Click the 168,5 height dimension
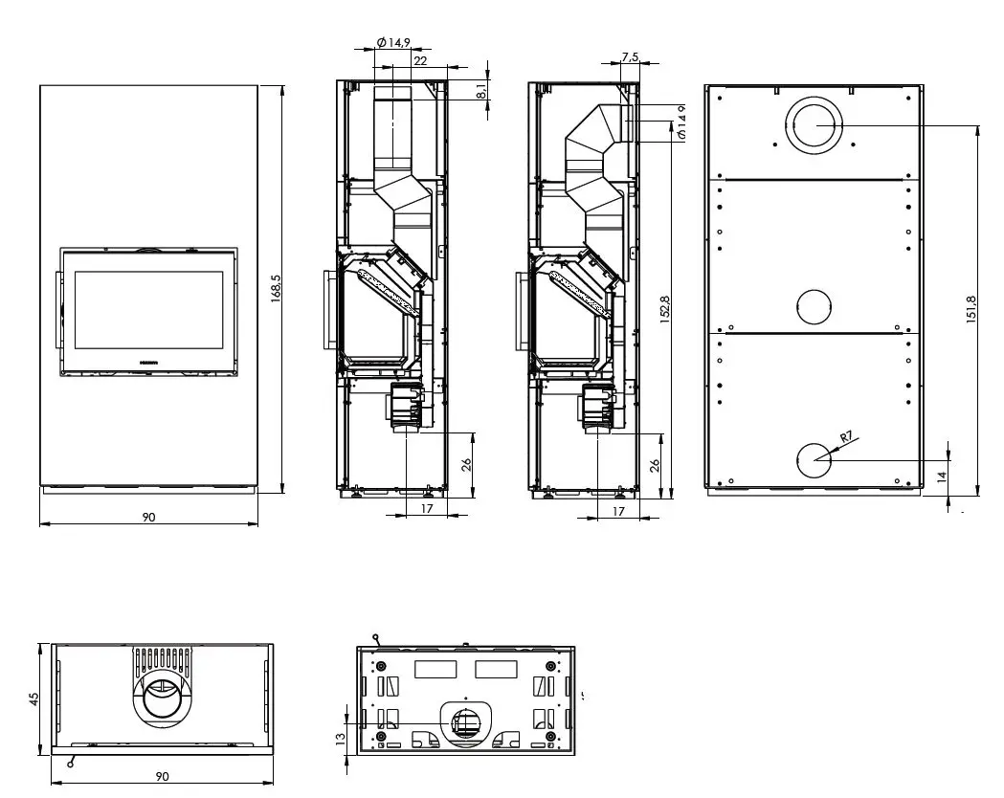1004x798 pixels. click(x=276, y=289)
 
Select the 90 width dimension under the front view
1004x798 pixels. click(x=148, y=517)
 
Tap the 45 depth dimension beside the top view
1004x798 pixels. click(x=34, y=698)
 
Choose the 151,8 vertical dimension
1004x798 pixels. click(x=971, y=308)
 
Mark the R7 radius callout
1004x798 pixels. click(x=845, y=437)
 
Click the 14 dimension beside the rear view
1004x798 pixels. click(x=942, y=476)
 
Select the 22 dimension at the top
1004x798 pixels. click(x=420, y=60)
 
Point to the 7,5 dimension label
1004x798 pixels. click(x=629, y=58)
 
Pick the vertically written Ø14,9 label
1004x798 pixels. click(x=681, y=122)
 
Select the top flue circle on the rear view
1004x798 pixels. click(x=814, y=123)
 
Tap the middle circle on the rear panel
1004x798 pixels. click(x=814, y=306)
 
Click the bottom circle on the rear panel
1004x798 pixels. click(x=814, y=460)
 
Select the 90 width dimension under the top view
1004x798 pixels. click(x=163, y=776)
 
